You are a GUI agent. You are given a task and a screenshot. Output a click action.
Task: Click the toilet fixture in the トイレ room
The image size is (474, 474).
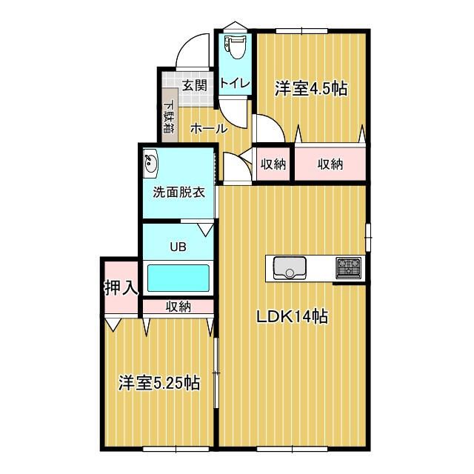click(236, 48)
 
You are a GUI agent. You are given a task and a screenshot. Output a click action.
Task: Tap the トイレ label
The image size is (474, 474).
click(236, 83)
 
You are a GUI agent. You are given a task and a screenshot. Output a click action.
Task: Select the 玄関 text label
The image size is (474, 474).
click(195, 85)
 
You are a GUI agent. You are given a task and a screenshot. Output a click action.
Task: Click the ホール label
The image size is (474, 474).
click(208, 128)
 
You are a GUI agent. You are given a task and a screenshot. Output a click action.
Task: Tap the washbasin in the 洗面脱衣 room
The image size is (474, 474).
click(151, 161)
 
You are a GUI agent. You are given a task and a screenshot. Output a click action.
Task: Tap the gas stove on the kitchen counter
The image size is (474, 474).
click(347, 265)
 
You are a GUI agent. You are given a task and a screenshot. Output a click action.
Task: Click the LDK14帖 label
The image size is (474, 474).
click(293, 317)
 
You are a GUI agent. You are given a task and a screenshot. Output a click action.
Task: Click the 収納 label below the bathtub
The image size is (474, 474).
click(178, 305)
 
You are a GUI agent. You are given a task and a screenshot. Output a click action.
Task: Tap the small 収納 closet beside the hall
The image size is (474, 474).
click(273, 164)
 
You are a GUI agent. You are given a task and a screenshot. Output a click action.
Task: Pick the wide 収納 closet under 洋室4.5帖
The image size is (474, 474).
click(330, 164)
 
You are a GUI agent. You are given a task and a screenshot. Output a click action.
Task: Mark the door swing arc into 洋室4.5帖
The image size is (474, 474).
click(268, 127)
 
